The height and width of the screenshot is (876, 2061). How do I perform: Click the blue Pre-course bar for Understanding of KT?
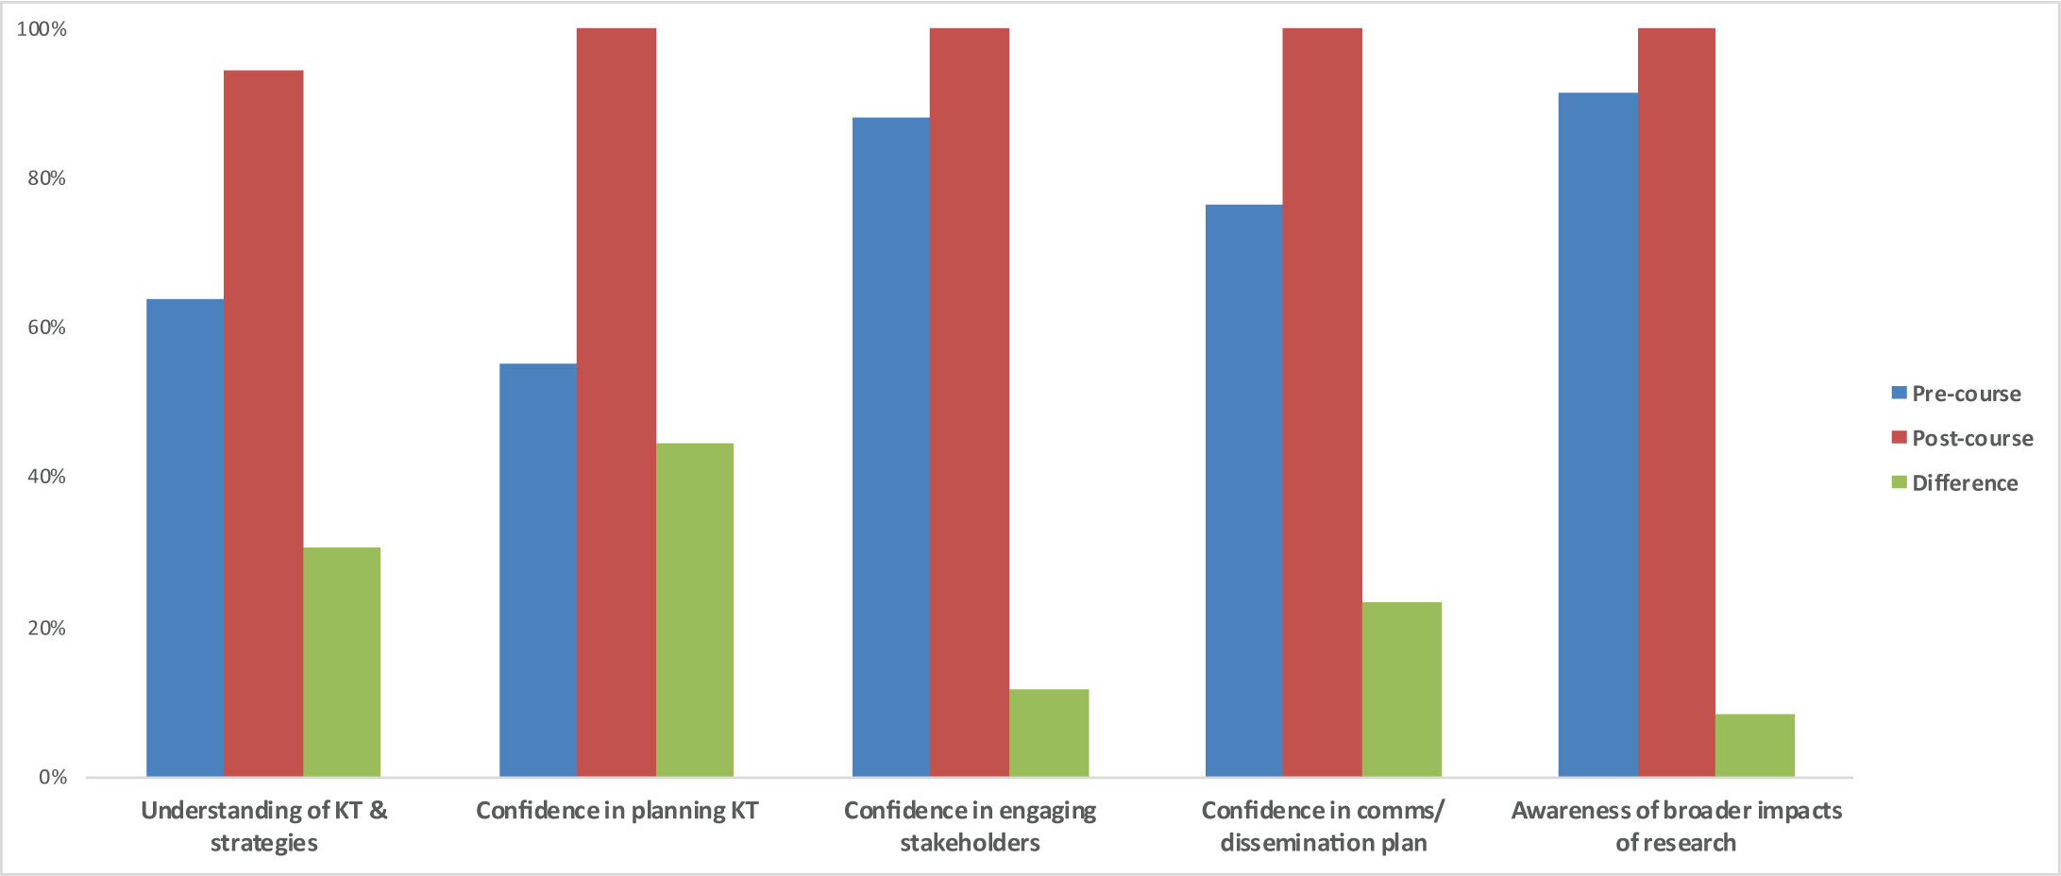click(185, 538)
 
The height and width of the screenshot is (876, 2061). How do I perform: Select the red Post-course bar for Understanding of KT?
click(263, 425)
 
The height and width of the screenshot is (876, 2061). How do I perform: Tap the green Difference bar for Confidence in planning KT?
click(695, 610)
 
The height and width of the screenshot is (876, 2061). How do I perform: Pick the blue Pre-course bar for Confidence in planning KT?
click(538, 570)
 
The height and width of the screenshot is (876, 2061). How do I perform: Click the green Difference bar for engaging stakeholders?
click(1049, 733)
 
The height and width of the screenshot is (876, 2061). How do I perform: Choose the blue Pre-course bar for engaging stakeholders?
click(891, 447)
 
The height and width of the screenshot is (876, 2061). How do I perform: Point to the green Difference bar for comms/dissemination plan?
click(1402, 690)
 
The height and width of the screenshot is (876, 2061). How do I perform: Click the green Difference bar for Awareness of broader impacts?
click(1755, 746)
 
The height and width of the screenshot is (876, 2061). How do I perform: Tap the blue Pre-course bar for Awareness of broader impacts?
click(1598, 435)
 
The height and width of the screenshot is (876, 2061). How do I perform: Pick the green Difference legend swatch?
click(1900, 482)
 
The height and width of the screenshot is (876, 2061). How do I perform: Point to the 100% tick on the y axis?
click(42, 29)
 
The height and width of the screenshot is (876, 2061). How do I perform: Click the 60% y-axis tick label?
click(46, 328)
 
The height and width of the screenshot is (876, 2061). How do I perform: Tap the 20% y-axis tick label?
click(46, 628)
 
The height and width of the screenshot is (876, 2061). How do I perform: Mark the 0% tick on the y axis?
click(53, 777)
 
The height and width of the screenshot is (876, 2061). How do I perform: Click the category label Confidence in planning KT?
click(617, 811)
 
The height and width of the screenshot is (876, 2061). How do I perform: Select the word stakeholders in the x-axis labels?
click(970, 842)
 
